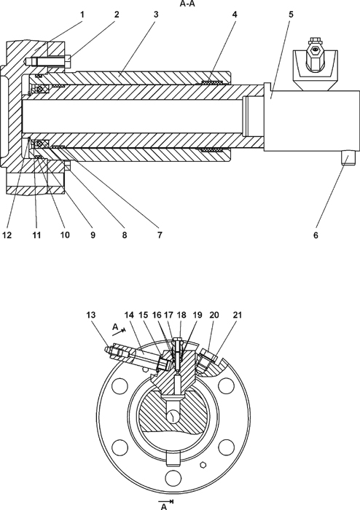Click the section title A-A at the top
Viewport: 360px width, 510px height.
[187, 4]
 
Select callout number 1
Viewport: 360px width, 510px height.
[82, 15]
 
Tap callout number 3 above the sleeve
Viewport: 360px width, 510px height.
[156, 15]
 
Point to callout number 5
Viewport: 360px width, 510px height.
[291, 15]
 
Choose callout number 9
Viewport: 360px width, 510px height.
[93, 235]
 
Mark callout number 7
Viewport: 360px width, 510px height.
[160, 235]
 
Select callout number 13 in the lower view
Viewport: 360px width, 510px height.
[91, 315]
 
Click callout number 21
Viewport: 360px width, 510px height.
[238, 315]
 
